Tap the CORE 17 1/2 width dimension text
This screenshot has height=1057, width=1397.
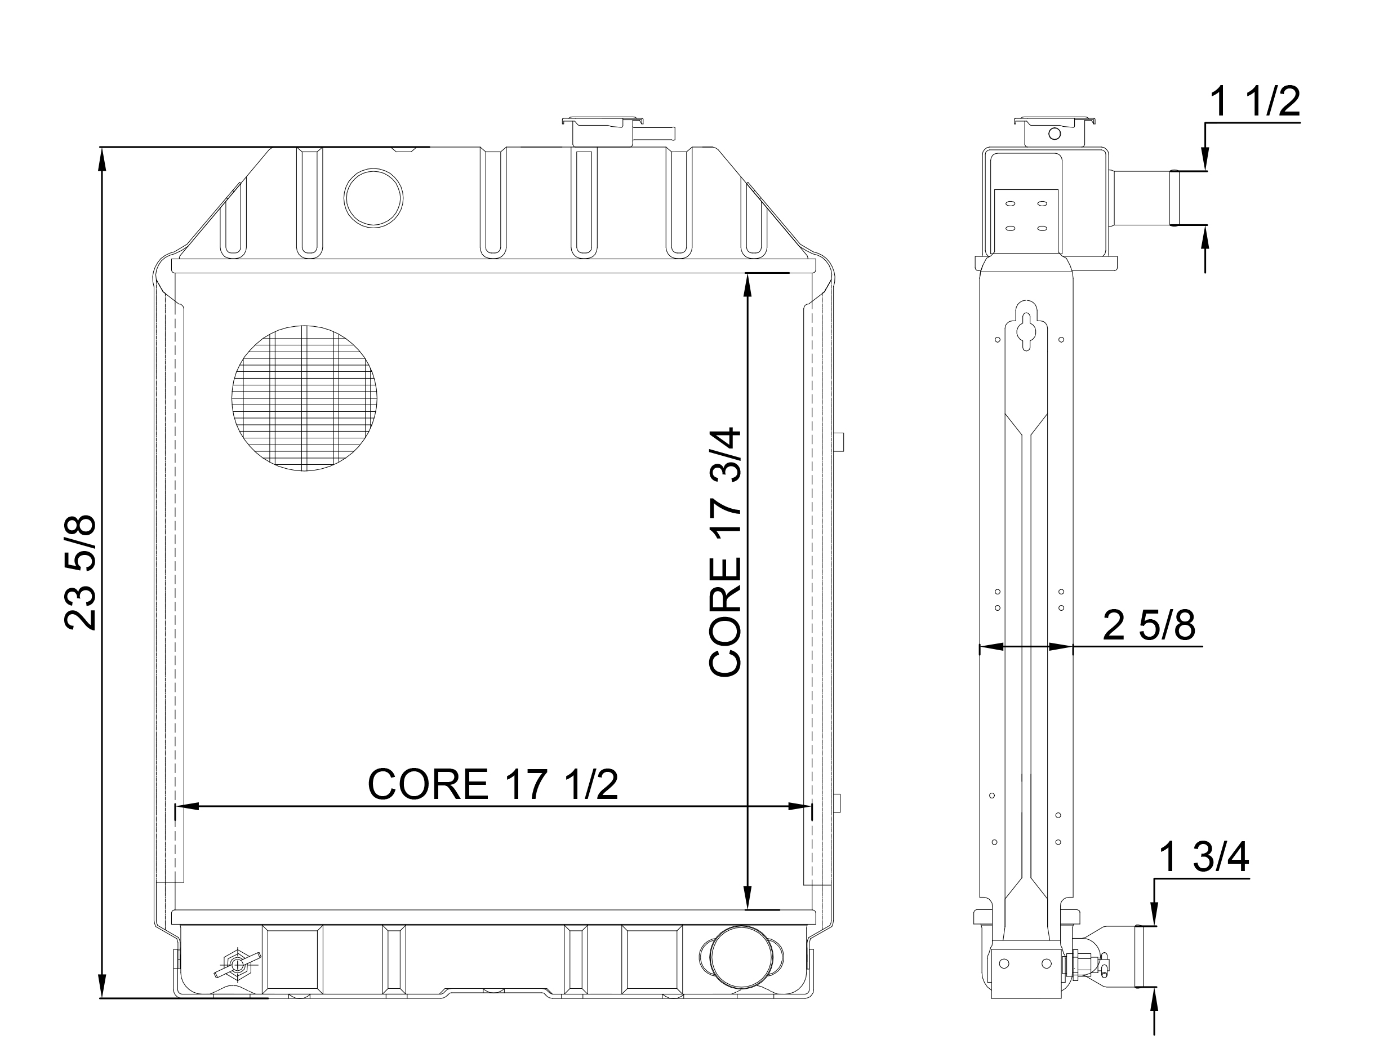493,785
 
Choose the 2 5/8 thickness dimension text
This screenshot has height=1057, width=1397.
1149,625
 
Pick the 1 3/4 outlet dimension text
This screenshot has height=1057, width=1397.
1204,858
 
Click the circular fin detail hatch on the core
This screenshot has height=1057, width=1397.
304,399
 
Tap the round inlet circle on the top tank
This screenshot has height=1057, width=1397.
373,198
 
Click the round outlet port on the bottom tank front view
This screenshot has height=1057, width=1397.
741,957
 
